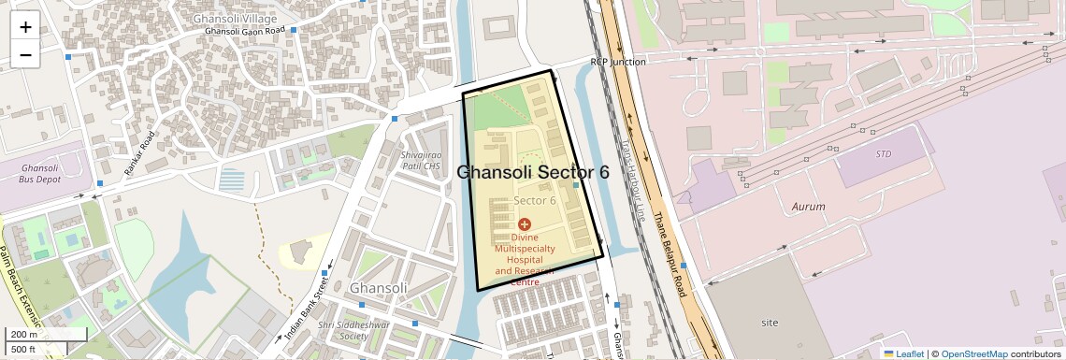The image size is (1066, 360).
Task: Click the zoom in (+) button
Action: point(25,27)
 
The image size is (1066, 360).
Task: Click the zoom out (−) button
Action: point(25,54)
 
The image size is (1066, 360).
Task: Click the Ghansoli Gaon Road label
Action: point(244,31)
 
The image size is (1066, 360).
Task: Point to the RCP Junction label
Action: point(617,62)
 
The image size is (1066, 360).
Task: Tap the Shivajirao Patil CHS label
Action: point(420,160)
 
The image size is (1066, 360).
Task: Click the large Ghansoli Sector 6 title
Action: point(532,173)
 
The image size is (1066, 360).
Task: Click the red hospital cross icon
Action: point(524,224)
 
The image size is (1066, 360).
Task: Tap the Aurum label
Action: point(808,206)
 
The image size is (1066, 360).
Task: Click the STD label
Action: point(884,153)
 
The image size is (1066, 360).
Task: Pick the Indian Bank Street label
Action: point(310,305)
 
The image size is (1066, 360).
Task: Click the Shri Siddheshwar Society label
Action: point(342,330)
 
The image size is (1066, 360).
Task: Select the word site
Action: point(770,323)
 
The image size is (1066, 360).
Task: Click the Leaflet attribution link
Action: point(904,353)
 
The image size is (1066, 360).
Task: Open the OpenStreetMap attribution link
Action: point(973,353)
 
